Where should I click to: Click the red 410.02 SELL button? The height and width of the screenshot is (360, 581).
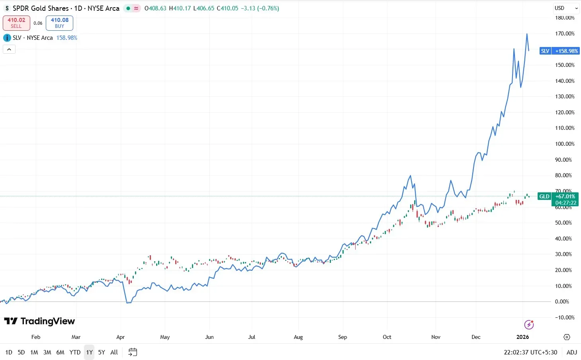click(x=16, y=23)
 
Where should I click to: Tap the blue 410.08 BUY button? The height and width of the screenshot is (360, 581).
click(x=59, y=23)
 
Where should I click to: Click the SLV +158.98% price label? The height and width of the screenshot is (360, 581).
click(x=559, y=51)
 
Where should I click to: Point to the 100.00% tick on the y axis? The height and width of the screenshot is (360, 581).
click(x=565, y=144)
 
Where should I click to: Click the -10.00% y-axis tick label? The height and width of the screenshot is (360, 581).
click(x=565, y=317)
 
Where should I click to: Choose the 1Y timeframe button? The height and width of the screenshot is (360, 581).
click(x=89, y=352)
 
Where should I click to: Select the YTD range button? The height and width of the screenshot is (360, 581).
click(x=75, y=352)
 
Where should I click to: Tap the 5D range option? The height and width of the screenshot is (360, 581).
click(x=21, y=352)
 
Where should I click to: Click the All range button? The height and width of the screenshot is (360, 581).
click(x=114, y=352)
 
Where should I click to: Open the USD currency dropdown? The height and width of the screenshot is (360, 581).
click(x=566, y=8)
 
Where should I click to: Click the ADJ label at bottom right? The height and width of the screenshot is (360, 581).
click(x=571, y=352)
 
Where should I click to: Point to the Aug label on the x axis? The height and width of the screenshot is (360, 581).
click(x=298, y=337)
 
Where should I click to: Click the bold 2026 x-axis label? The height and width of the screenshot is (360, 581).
click(x=522, y=337)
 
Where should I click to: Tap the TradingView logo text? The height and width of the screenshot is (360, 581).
click(x=39, y=321)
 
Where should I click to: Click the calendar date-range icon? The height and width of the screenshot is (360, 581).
click(x=133, y=352)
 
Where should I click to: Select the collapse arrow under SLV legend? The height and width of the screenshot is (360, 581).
click(x=9, y=49)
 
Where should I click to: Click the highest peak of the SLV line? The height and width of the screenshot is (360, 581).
click(x=527, y=34)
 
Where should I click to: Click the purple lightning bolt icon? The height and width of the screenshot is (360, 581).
click(x=529, y=325)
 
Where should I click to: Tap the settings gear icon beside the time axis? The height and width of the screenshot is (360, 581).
click(x=567, y=337)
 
